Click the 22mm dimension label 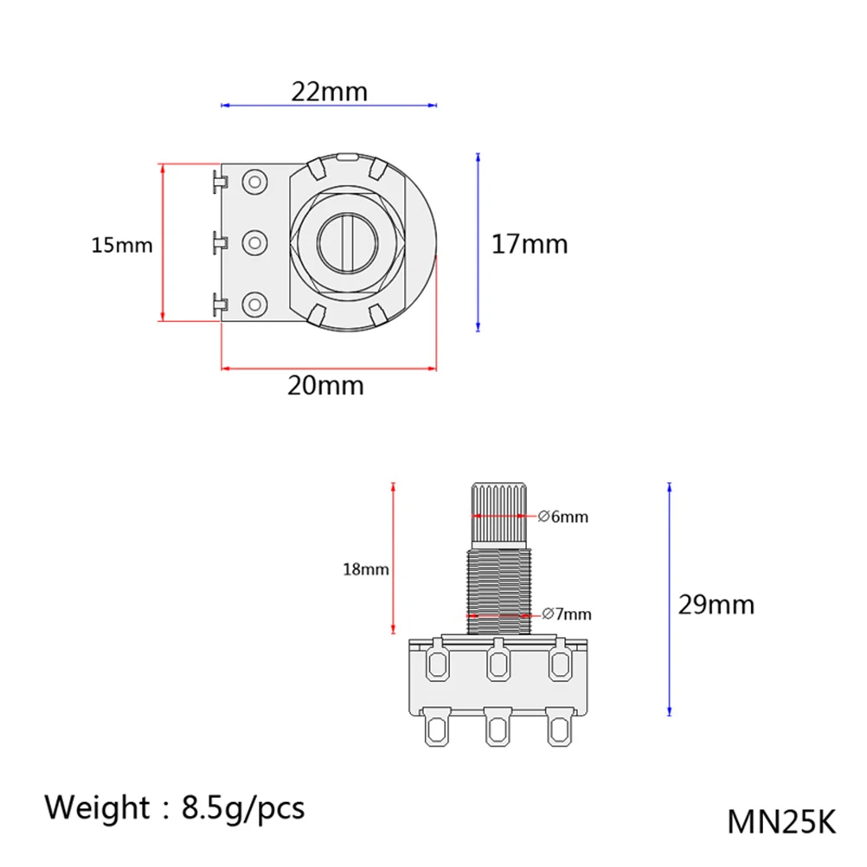tap(329, 91)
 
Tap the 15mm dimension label tap(122, 246)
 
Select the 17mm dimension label tap(530, 244)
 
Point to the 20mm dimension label tap(325, 385)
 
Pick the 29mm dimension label tap(716, 604)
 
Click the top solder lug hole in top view tap(254, 182)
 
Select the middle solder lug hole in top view tap(254, 242)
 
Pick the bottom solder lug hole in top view tap(254, 304)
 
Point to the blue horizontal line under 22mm tap(329, 106)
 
